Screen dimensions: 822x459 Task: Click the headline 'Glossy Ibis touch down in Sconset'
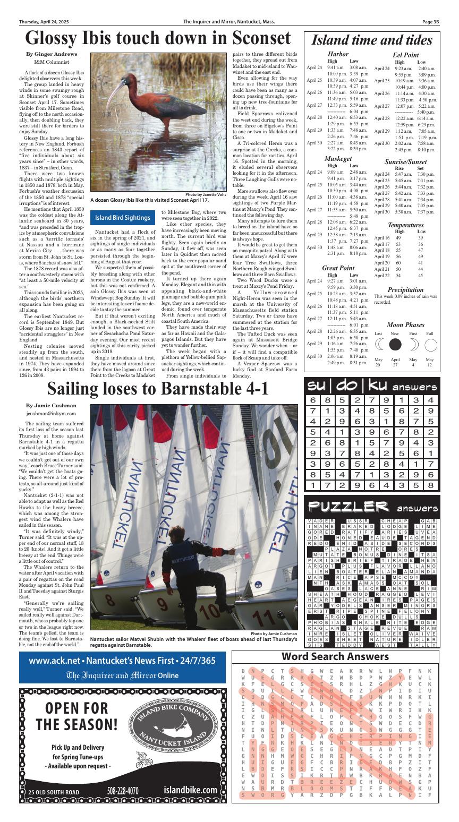tap(158, 38)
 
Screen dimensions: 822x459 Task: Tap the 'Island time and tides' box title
tap(379, 40)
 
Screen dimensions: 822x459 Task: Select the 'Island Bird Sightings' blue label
tap(122, 217)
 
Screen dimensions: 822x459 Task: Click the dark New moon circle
tap(395, 345)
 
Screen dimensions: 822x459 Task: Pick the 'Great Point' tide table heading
tap(338, 268)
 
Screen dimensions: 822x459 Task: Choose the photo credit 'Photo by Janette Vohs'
tap(206, 195)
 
